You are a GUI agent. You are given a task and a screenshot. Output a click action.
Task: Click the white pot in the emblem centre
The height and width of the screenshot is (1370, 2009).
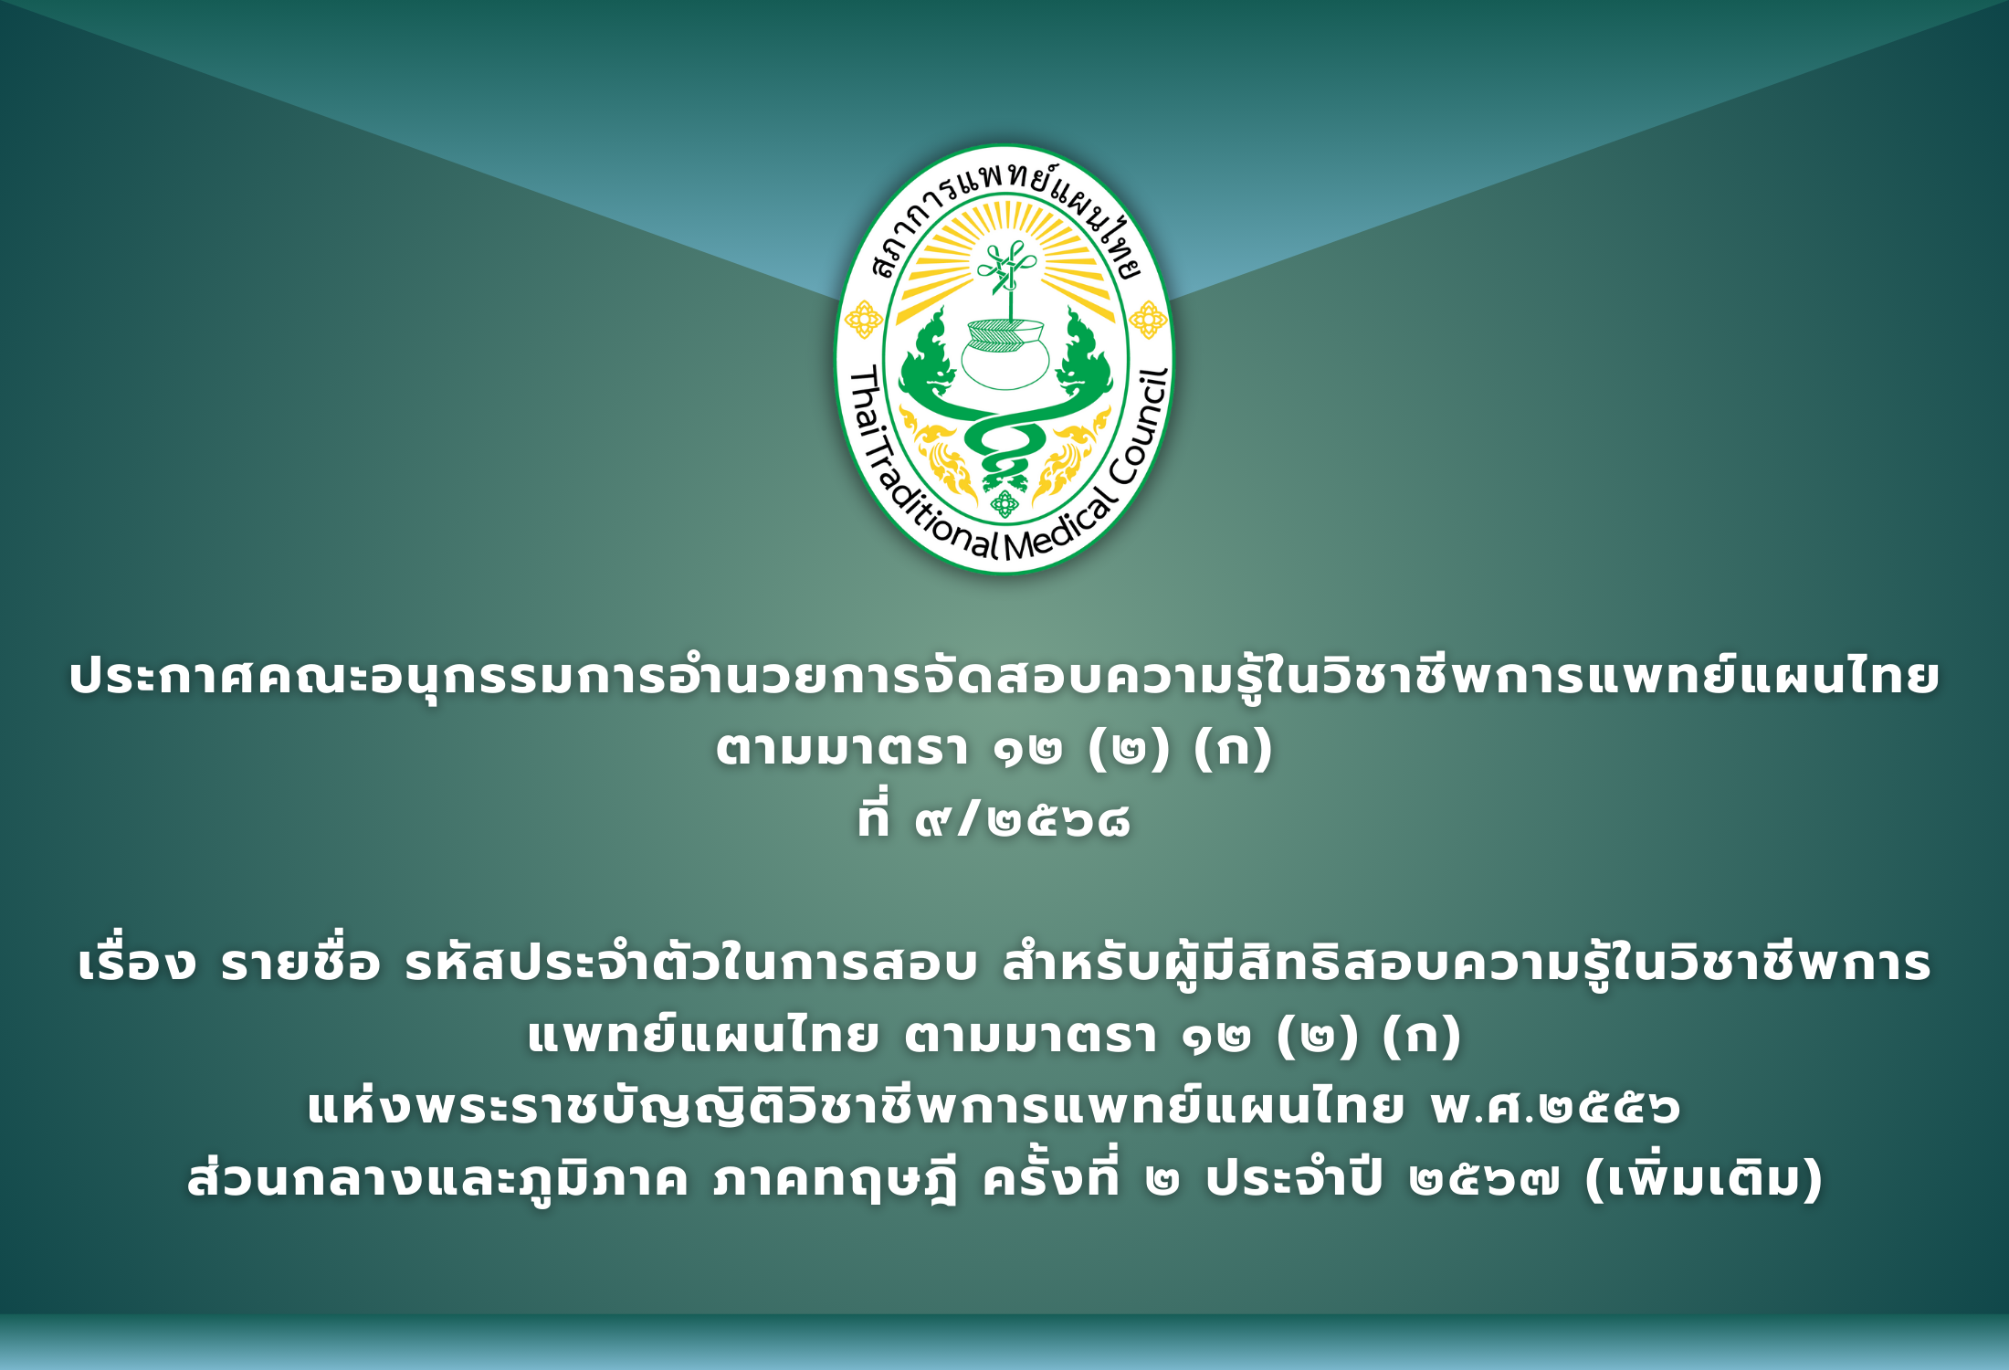pos(1004,356)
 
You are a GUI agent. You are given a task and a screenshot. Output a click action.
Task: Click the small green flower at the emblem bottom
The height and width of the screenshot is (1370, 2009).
pos(1004,503)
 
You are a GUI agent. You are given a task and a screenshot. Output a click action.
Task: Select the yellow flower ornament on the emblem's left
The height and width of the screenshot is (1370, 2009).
pos(863,320)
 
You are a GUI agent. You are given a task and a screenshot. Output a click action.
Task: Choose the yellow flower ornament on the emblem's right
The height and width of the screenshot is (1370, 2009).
pos(1148,320)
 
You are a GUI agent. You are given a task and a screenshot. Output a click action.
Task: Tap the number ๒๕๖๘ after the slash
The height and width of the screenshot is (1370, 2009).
pos(1059,821)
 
